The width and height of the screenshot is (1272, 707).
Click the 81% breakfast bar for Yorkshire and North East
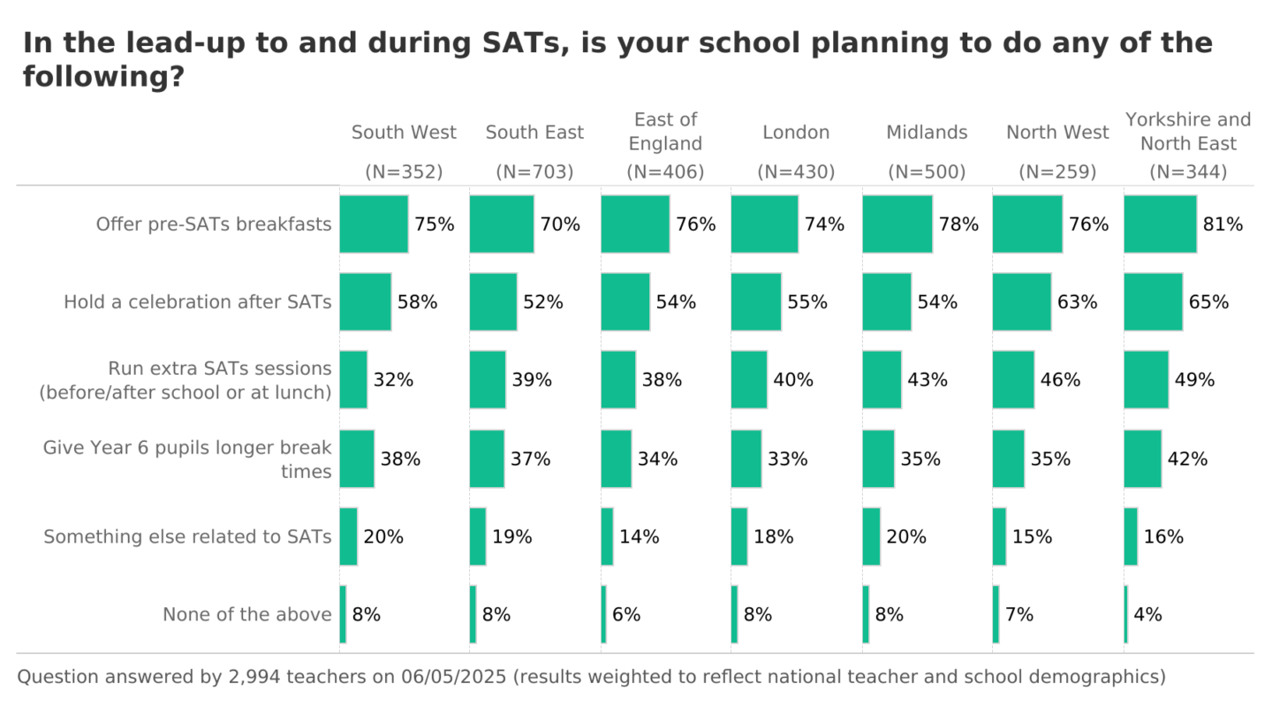(x=1160, y=224)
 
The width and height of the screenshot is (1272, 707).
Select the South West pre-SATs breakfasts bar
(x=374, y=224)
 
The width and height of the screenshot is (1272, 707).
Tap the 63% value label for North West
(x=1077, y=302)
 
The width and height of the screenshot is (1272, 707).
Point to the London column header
(x=796, y=133)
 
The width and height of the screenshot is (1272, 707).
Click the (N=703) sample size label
(x=534, y=172)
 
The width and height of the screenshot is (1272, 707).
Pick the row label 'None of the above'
(x=247, y=614)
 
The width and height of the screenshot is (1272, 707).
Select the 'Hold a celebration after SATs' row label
(x=198, y=302)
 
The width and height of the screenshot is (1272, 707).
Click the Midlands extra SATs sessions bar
(x=882, y=380)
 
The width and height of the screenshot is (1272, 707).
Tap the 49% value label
(x=1194, y=380)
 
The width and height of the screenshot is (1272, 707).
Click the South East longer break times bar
(x=487, y=459)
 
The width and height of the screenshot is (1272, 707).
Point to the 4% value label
(x=1147, y=614)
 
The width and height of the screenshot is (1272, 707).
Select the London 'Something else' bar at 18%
(x=739, y=536)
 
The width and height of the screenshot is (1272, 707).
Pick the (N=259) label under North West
(x=1057, y=172)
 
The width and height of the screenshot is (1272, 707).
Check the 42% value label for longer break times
(x=1187, y=459)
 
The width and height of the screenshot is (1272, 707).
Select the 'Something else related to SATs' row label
(x=188, y=536)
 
